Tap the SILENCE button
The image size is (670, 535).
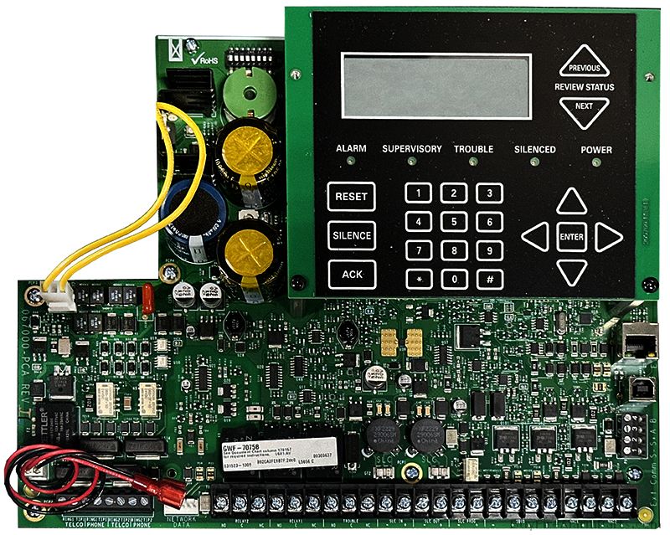(x=351, y=235)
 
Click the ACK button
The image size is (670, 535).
(x=351, y=274)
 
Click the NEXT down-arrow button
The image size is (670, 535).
(x=585, y=109)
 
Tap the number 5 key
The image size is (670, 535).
(x=454, y=222)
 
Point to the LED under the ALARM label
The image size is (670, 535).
(x=352, y=161)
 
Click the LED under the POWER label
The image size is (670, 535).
(x=596, y=161)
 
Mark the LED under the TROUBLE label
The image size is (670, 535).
(x=474, y=161)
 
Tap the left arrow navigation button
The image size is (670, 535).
(x=535, y=237)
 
